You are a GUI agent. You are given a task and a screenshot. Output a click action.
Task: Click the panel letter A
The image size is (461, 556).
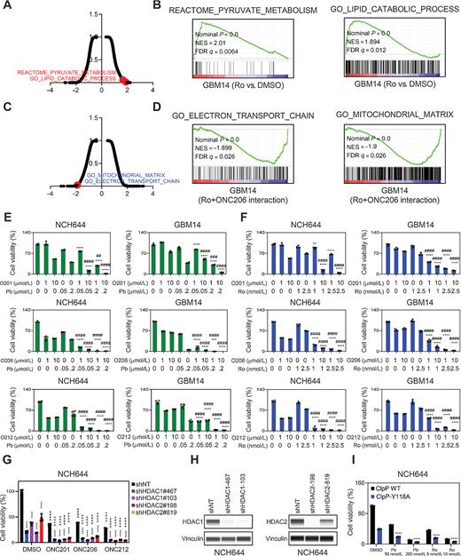click(x=7, y=7)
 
